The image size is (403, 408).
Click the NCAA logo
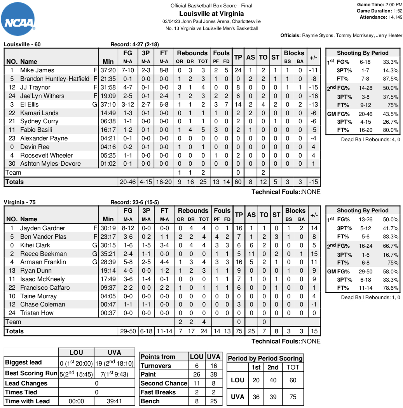point(19,18)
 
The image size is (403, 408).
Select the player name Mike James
point(37,70)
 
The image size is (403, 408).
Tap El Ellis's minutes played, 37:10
point(108,104)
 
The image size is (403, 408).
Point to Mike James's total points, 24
point(238,70)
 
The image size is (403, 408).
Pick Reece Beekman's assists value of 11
point(251,254)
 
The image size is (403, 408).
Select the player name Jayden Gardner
point(43,228)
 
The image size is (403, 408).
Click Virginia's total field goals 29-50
point(128,331)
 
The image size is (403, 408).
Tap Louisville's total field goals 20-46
point(128,182)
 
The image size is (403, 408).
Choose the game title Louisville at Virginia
point(211,14)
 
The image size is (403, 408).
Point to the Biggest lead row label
point(23,362)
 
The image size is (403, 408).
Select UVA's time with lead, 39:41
point(115,401)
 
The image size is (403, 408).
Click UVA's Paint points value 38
point(214,375)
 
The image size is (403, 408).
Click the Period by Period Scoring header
point(265,358)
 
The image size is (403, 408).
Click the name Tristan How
point(37,313)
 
